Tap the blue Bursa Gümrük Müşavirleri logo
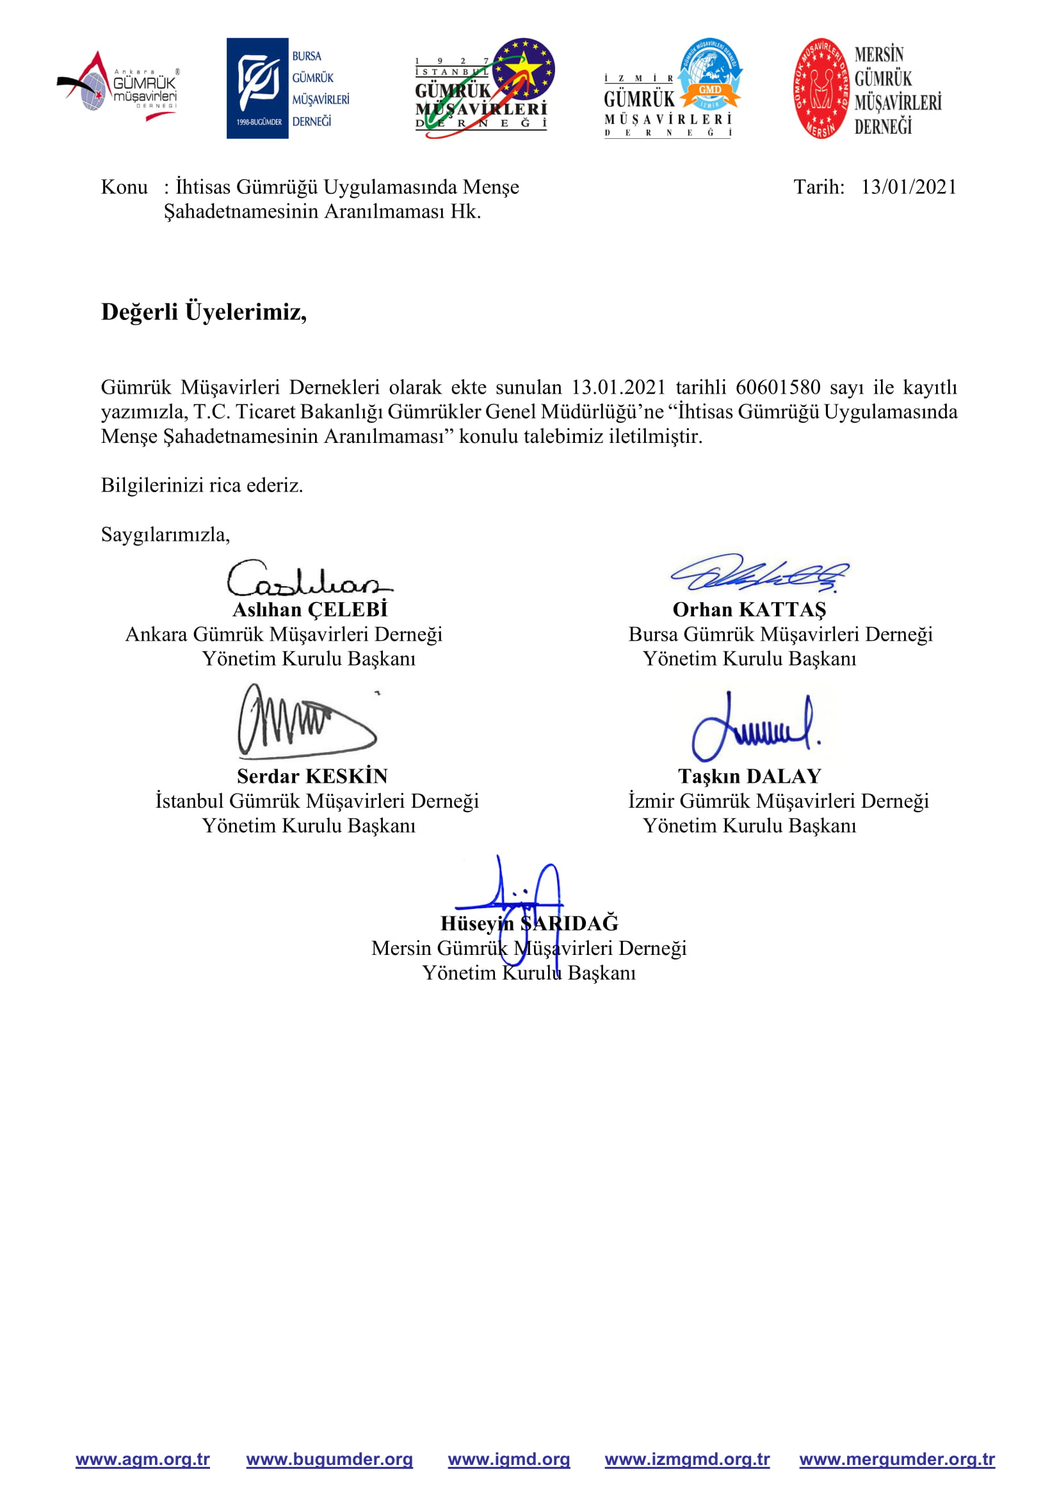pyautogui.click(x=287, y=88)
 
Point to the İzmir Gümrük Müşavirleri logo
pyautogui.click(x=673, y=88)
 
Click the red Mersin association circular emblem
pyautogui.click(x=821, y=88)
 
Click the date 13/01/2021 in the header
pyautogui.click(x=909, y=187)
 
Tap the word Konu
pyautogui.click(x=124, y=187)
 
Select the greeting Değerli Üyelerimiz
pyautogui.click(x=204, y=312)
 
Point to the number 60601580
pyautogui.click(x=778, y=387)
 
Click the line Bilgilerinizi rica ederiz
pyautogui.click(x=202, y=485)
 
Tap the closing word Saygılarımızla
pyautogui.click(x=165, y=534)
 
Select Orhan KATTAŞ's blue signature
pyautogui.click(x=760, y=573)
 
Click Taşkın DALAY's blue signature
pyautogui.click(x=755, y=727)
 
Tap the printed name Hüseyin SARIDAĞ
pyautogui.click(x=529, y=924)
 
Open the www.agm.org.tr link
pyautogui.click(x=143, y=1459)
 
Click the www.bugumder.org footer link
pyautogui.click(x=329, y=1459)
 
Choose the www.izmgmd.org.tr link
pyautogui.click(x=687, y=1459)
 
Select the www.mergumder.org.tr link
pyautogui.click(x=896, y=1459)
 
